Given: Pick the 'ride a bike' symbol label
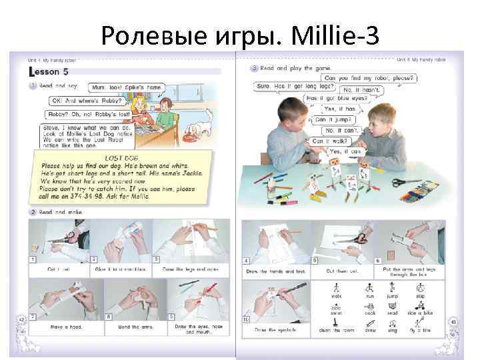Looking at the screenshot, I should [421, 312].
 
